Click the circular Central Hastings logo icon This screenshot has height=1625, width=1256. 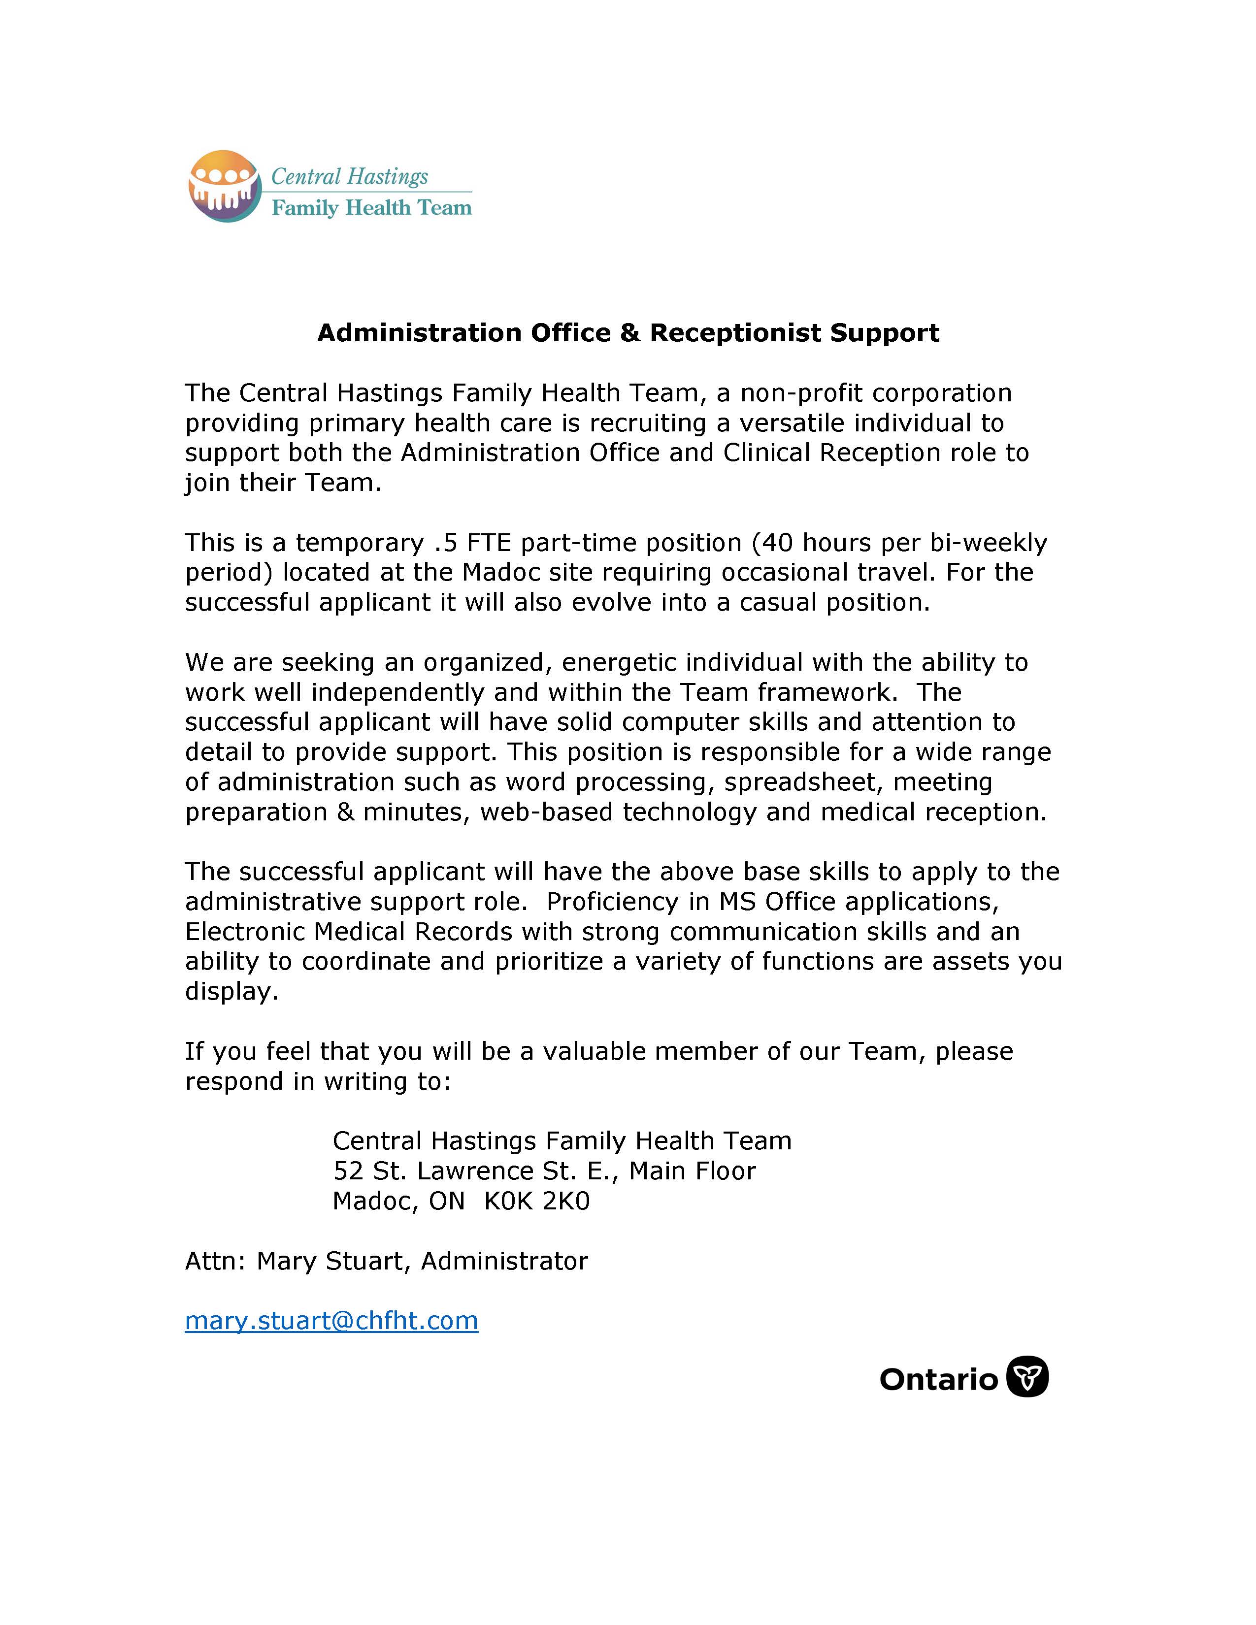[225, 186]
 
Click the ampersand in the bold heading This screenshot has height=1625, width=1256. [629, 332]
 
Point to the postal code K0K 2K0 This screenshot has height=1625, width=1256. [536, 1201]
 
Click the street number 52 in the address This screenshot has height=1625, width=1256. [347, 1171]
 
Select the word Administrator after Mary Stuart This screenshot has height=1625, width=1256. [504, 1261]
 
